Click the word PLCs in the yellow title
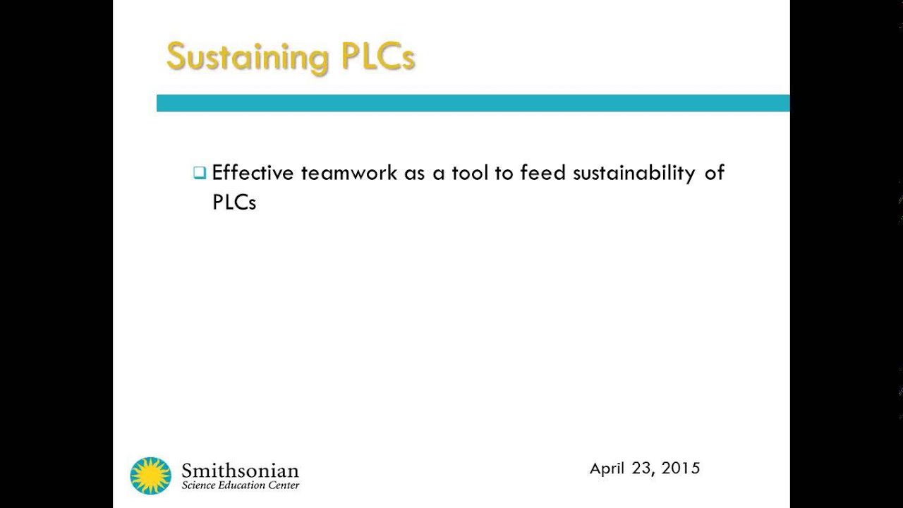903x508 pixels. point(378,56)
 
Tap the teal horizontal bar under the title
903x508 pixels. point(473,103)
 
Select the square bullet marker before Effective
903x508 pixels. point(200,173)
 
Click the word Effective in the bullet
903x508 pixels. point(253,173)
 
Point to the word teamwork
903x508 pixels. point(349,173)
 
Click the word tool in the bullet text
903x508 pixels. point(470,173)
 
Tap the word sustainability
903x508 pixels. point(634,174)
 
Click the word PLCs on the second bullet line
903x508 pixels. point(234,202)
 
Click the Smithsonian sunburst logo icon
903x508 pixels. point(150,476)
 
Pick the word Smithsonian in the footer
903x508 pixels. point(240,471)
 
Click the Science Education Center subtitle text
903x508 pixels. point(240,485)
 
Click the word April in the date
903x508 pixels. point(607,468)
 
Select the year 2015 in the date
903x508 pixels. point(681,468)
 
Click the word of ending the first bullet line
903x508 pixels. point(714,173)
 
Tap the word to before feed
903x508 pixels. point(504,173)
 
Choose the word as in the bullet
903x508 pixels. point(414,174)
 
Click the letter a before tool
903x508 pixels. point(438,174)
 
